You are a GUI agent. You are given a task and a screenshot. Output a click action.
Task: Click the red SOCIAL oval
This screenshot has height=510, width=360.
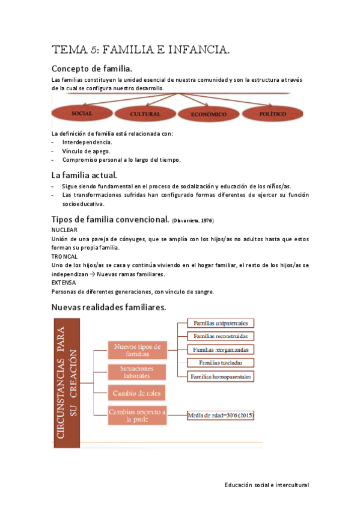[x=81, y=113]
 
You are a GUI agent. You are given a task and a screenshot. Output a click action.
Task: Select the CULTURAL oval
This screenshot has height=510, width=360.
[x=144, y=113]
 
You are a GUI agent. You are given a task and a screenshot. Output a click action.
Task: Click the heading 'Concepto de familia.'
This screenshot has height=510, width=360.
[x=92, y=69]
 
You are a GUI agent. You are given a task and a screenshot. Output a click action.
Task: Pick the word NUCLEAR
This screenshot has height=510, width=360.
[x=65, y=230]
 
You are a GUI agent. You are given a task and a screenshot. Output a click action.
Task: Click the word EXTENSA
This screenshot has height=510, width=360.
[x=64, y=282]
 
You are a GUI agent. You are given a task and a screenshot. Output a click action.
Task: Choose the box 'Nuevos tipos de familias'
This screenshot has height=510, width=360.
[x=138, y=351]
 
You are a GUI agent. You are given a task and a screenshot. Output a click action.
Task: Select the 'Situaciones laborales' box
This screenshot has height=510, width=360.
[x=138, y=372]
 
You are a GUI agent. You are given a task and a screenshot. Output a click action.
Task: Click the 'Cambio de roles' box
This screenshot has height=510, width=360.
[x=138, y=393]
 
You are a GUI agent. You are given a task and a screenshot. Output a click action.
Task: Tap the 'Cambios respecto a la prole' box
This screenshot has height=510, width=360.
[x=138, y=415]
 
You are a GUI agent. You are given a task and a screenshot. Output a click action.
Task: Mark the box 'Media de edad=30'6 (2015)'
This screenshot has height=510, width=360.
[x=221, y=415]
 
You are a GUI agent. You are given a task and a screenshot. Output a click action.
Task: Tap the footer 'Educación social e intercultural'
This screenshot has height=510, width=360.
[x=266, y=484]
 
